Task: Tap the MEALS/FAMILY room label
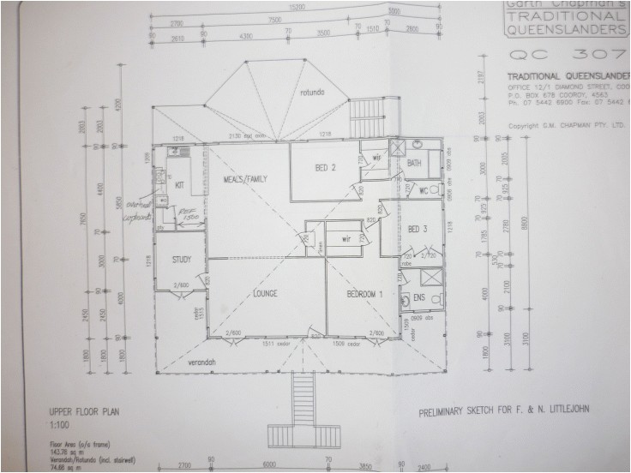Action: click(x=245, y=179)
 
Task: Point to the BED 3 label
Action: click(x=418, y=229)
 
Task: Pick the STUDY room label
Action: click(x=181, y=260)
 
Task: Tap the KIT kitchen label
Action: click(x=180, y=185)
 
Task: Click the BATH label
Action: click(x=414, y=163)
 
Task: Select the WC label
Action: click(x=422, y=190)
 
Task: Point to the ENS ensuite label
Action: click(x=418, y=297)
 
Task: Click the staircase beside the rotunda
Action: click(x=366, y=113)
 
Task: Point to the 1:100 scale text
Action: click(x=60, y=423)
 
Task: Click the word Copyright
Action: click(x=526, y=125)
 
